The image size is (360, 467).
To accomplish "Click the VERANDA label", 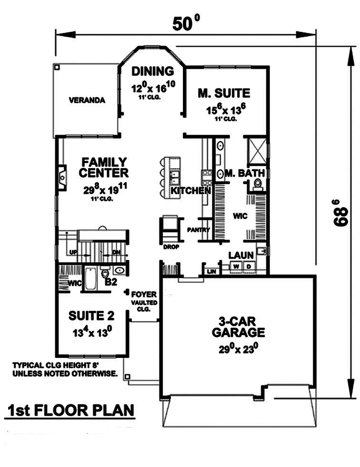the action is (x=87, y=100).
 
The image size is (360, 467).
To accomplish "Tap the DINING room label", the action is (x=152, y=71).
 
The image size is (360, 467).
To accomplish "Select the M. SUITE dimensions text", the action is (x=226, y=109).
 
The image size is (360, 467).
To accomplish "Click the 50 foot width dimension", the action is (x=185, y=23).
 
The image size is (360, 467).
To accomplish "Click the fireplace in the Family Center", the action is (x=62, y=177).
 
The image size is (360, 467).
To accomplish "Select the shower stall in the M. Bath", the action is (x=257, y=151).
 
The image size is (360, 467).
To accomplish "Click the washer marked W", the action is (x=236, y=266).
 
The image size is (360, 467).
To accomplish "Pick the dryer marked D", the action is (x=249, y=266).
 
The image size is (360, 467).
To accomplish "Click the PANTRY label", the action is (x=198, y=230).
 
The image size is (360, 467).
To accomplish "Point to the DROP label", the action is (x=171, y=247).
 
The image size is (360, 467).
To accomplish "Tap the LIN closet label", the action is (x=211, y=271).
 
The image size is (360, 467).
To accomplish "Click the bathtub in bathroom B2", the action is (x=90, y=279).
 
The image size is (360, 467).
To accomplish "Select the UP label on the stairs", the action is (x=73, y=252).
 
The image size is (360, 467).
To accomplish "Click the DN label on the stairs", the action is (x=116, y=252).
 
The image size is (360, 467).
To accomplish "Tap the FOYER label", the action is (x=144, y=294).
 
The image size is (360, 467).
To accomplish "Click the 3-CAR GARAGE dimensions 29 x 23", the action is (x=238, y=348).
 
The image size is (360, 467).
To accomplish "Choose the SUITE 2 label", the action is (x=91, y=316).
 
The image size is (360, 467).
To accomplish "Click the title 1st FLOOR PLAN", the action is (x=70, y=410).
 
